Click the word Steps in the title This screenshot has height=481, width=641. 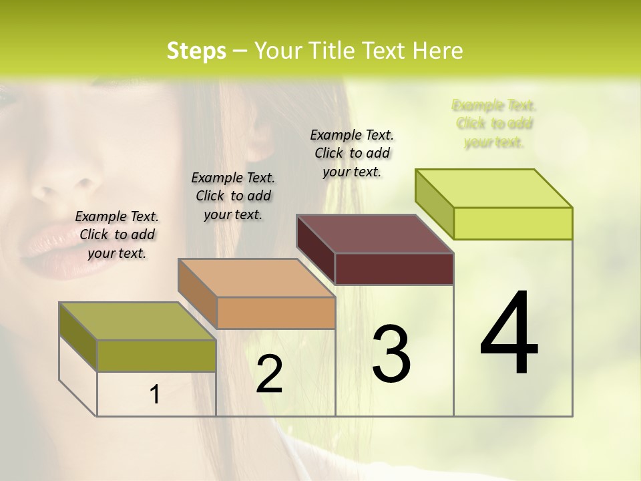point(196,51)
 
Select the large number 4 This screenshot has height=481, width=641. point(509,334)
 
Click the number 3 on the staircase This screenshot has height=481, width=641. point(391,354)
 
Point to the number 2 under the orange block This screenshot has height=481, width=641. point(269,374)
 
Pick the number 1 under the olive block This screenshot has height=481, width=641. point(155,395)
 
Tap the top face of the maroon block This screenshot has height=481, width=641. point(375,234)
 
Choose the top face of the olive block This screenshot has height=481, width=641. point(138,321)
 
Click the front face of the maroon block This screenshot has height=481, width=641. point(394,269)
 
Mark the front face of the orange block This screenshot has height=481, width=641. point(276,313)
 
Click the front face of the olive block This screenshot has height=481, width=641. point(156,355)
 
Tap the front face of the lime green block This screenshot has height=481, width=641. point(513,223)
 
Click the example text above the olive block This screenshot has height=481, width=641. point(117,234)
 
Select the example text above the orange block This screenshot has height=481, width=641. point(233,196)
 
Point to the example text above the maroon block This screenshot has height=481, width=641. point(352,153)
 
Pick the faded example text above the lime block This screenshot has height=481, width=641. point(494,124)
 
